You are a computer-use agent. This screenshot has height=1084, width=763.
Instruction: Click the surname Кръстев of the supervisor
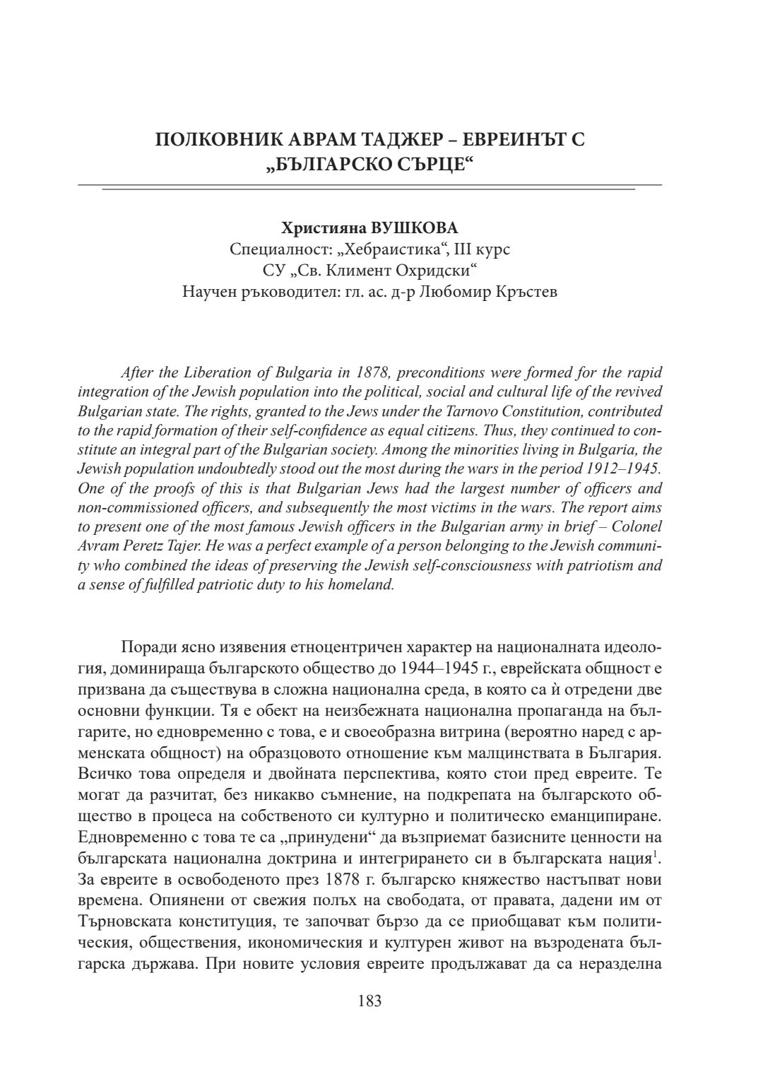point(527,291)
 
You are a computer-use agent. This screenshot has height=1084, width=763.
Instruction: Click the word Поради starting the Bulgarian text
point(146,647)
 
